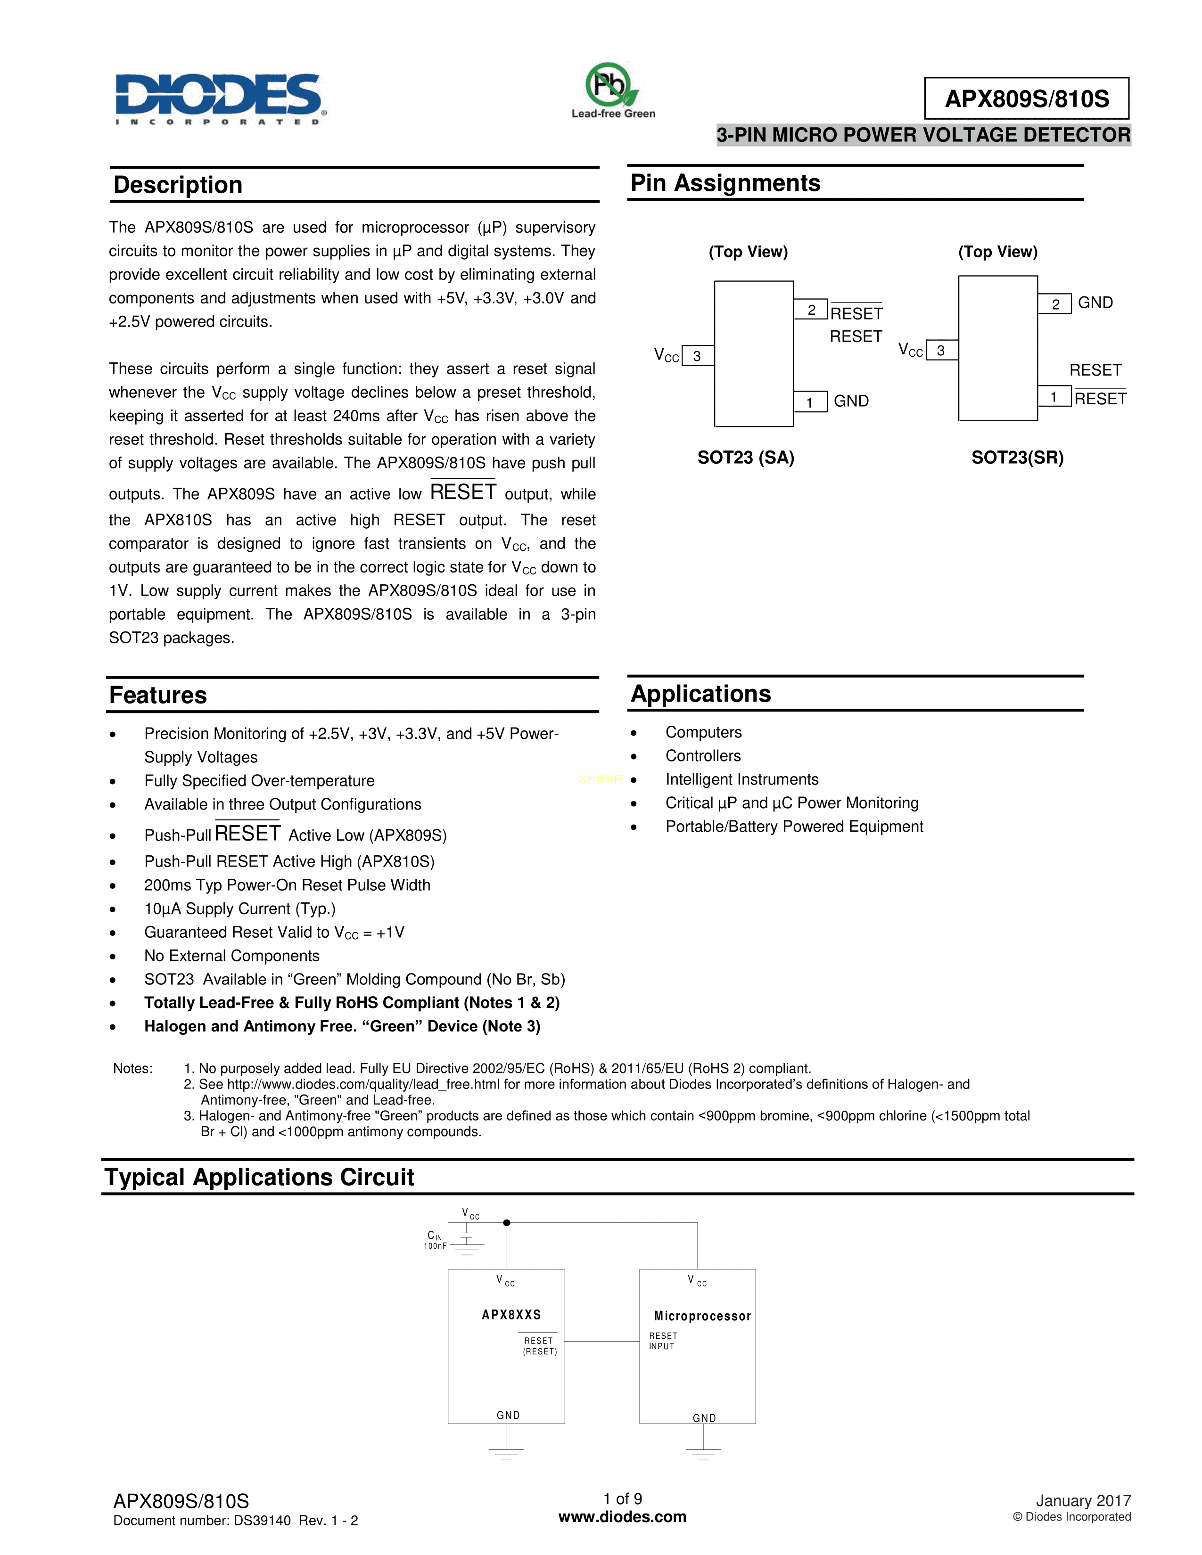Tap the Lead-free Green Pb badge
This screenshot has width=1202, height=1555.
tap(612, 90)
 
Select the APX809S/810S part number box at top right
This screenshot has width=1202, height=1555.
tap(1026, 98)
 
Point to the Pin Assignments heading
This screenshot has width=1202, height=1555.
tap(725, 183)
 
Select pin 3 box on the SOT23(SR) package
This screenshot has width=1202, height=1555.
tap(941, 350)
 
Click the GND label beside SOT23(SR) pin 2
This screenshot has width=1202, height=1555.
tap(1095, 303)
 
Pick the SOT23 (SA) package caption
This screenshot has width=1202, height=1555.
tap(746, 458)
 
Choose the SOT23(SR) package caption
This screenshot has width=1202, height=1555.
tap(1017, 458)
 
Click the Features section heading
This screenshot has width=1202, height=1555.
tap(158, 696)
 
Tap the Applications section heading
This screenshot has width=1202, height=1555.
tap(700, 694)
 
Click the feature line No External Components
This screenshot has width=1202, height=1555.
tap(231, 956)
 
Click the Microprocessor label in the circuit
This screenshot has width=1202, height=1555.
tap(702, 1317)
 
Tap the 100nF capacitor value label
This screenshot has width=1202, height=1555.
tap(435, 1246)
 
